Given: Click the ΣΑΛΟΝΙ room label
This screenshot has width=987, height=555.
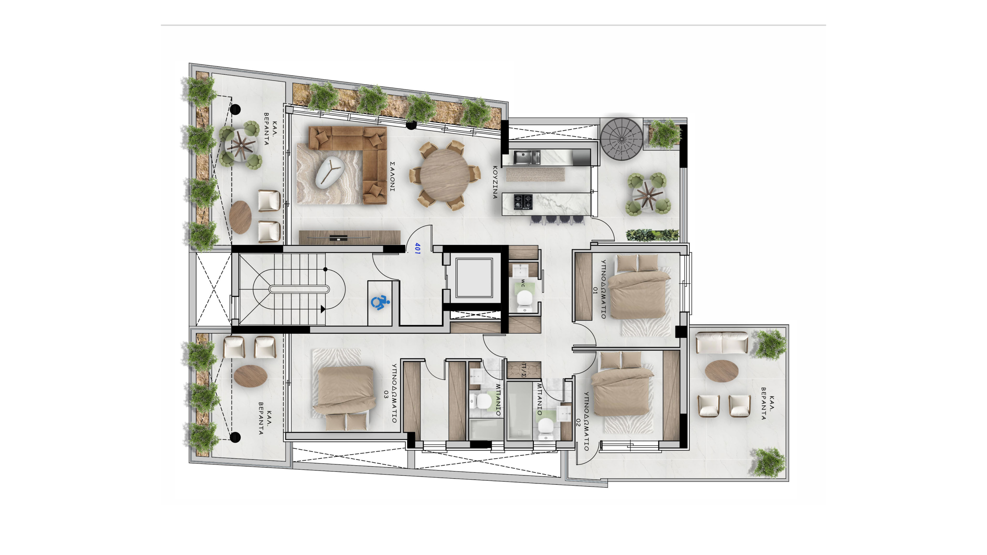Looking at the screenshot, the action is [392, 176].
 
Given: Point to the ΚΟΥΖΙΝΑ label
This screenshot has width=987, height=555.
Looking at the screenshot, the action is [495, 182].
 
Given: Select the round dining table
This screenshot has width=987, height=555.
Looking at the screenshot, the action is [444, 175].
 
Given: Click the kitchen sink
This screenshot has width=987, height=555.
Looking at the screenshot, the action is [527, 157].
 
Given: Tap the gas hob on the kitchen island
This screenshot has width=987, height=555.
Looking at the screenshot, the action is [523, 202].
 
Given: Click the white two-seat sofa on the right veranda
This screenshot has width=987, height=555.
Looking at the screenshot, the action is [721, 343].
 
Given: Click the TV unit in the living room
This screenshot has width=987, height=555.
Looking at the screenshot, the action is [350, 237].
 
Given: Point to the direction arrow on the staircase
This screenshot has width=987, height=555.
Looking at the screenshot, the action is [322, 309].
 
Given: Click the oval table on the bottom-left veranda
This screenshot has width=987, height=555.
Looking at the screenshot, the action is [251, 376].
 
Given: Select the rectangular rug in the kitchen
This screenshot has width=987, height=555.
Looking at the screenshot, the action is [535, 174].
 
